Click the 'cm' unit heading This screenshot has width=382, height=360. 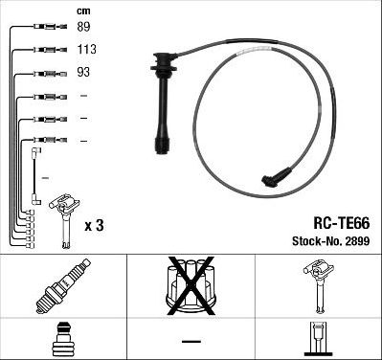(83, 11)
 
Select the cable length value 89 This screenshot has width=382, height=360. (83, 27)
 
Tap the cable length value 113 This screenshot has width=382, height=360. (86, 49)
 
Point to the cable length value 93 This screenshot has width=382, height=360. (83, 72)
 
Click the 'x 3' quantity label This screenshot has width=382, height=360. (94, 225)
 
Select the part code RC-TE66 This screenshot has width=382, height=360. (342, 223)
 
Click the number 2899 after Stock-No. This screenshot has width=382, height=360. (357, 241)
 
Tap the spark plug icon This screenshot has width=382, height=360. (63, 285)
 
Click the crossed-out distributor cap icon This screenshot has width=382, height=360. (191, 285)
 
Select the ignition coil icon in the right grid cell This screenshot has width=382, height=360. (319, 285)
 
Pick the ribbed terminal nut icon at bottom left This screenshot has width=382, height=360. (63, 339)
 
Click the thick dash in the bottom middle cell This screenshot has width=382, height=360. (191, 341)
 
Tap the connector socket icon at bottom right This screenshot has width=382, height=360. (319, 339)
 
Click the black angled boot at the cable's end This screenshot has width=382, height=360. (276, 177)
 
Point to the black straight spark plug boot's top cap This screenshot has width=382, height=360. (165, 62)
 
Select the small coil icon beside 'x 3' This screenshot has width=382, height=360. (65, 220)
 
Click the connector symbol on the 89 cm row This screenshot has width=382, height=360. (51, 27)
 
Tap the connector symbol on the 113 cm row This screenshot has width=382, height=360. (51, 50)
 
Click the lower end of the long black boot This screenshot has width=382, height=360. (162, 146)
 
